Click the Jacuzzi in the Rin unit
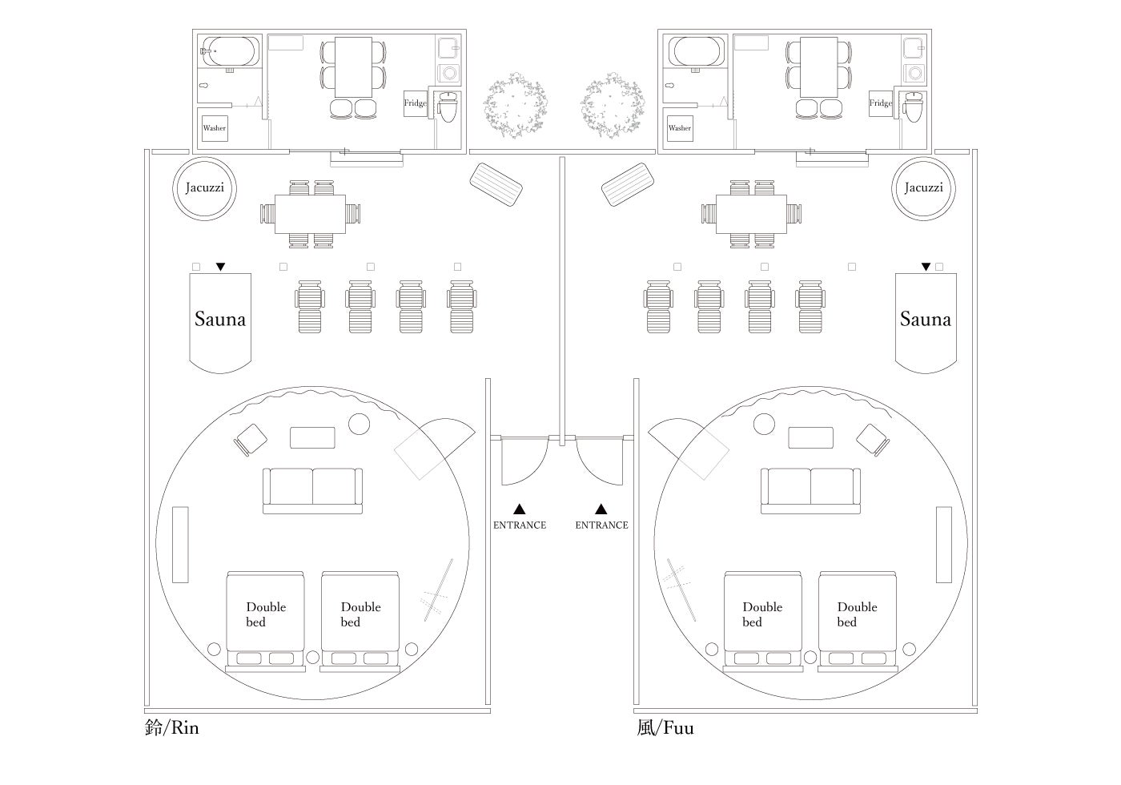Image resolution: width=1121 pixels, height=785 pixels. tap(204, 188)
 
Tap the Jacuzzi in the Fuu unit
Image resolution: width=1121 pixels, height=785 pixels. tap(923, 188)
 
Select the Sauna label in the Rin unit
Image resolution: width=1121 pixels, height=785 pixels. tap(220, 320)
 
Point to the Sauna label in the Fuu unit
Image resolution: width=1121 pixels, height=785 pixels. tap(926, 320)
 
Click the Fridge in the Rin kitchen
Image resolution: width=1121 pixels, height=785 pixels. tap(416, 103)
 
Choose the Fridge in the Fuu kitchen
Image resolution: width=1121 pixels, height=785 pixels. tap(881, 103)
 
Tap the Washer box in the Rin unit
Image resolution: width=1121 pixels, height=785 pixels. tap(214, 128)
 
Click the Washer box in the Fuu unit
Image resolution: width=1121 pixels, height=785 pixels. tap(679, 128)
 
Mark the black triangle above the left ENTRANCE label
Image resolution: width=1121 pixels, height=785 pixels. tap(520, 509)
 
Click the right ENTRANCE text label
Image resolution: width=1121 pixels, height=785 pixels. tap(601, 525)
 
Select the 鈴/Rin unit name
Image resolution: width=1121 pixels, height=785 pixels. tap(171, 727)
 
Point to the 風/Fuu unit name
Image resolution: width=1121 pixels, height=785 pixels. tap(665, 727)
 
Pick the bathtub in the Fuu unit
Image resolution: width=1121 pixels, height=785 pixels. tap(698, 51)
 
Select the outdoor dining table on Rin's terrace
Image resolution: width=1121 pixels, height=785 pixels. tap(311, 214)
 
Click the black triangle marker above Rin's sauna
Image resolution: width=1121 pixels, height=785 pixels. tap(221, 267)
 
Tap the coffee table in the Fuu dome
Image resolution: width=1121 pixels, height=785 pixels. tap(811, 437)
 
